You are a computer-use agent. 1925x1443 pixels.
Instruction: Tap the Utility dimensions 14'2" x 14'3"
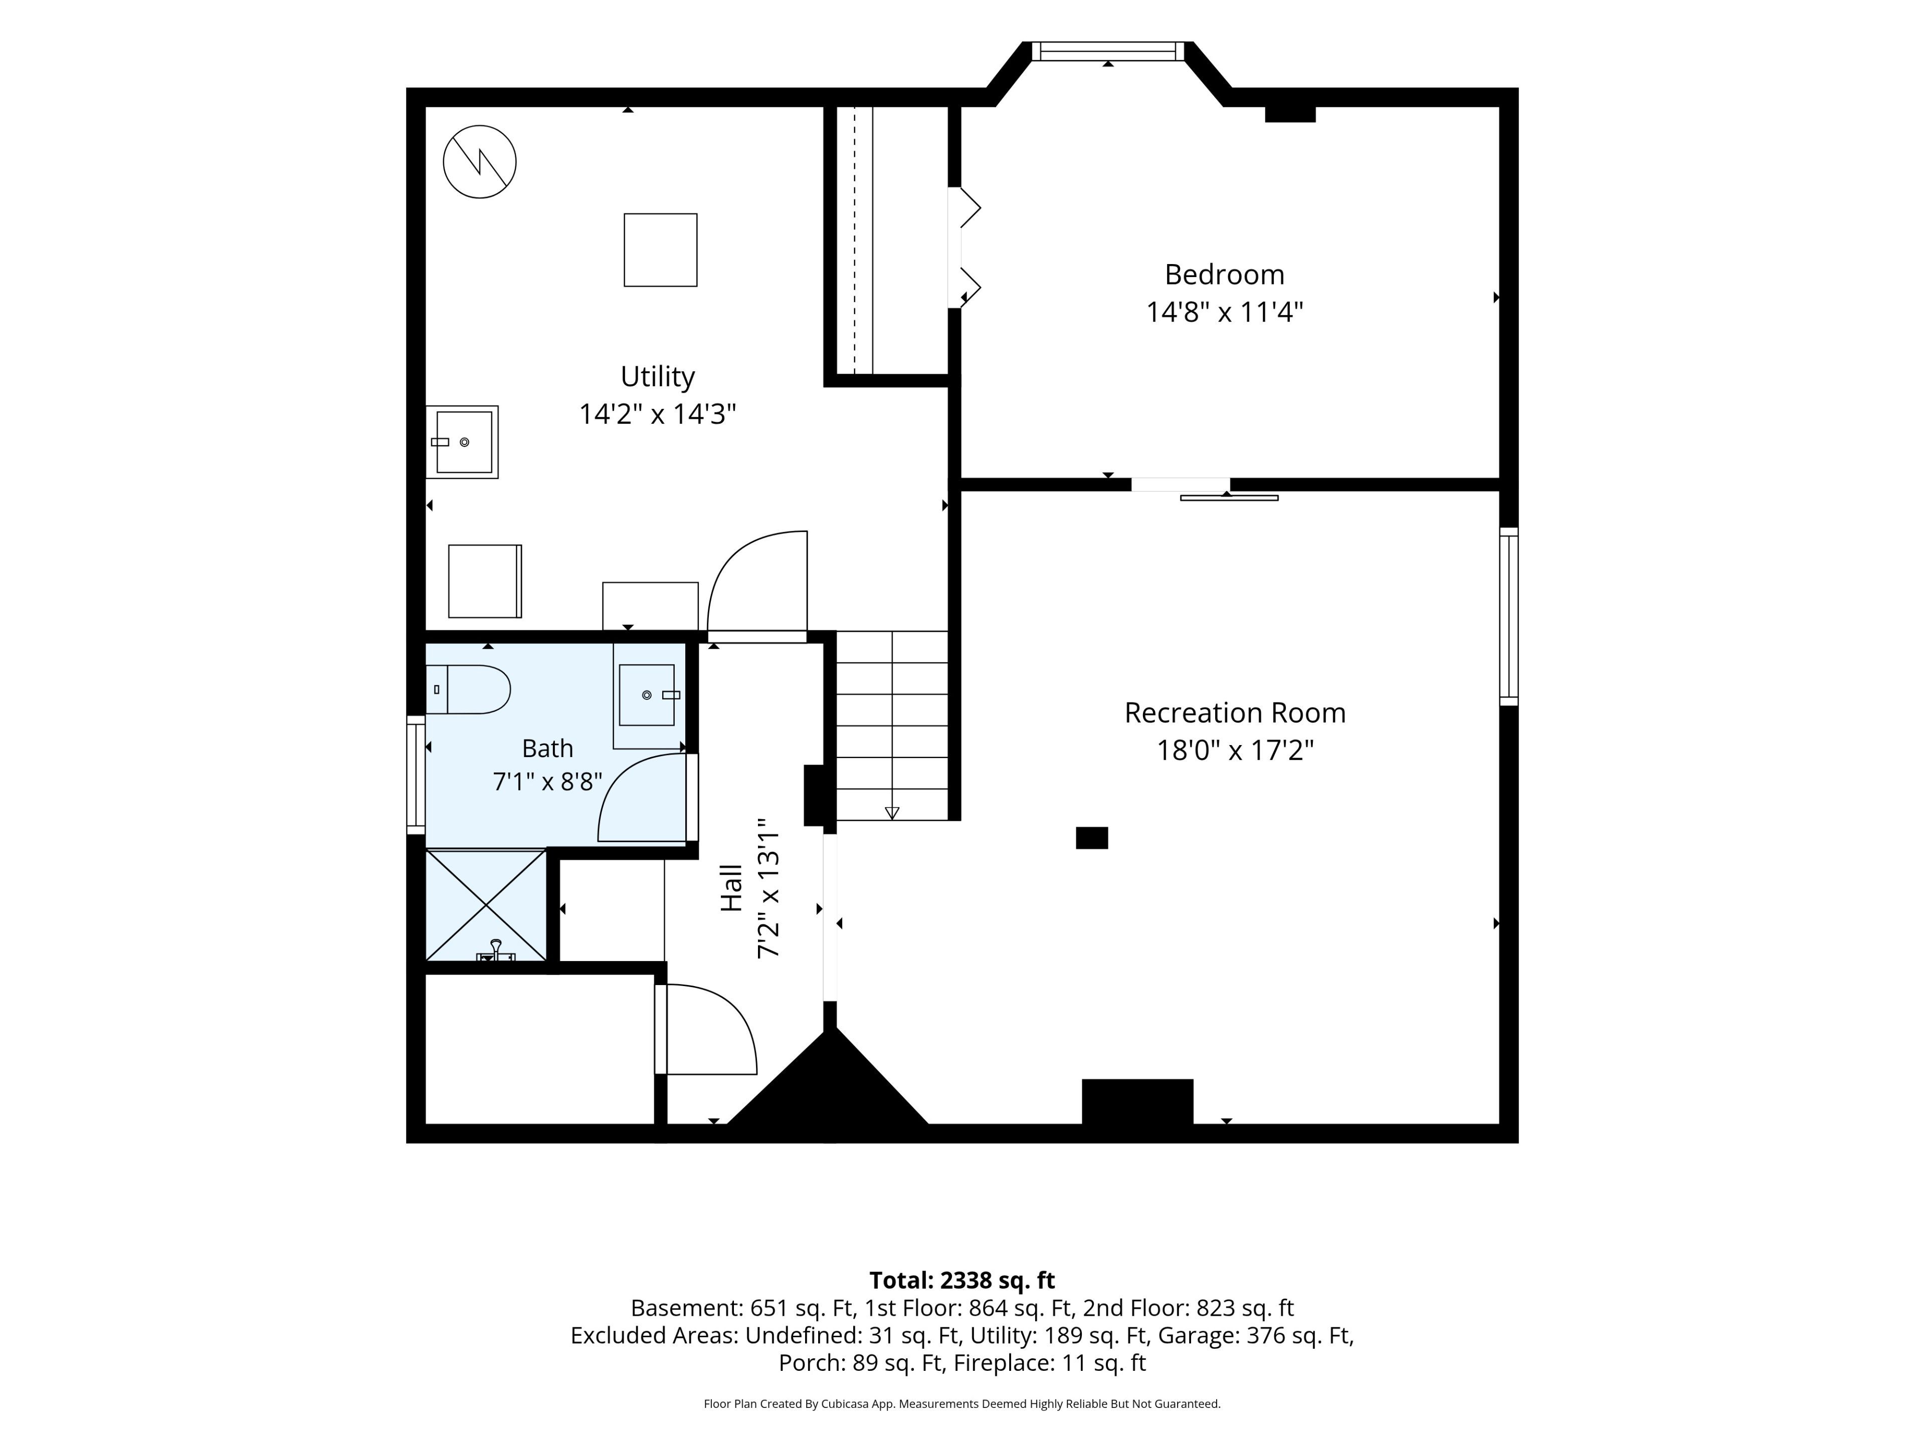(x=658, y=413)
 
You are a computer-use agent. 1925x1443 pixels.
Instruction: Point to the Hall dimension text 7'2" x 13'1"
(x=767, y=887)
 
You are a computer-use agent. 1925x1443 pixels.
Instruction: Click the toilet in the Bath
(x=467, y=690)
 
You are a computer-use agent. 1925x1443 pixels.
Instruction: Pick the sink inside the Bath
(x=648, y=695)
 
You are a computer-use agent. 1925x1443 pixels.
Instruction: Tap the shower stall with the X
(x=486, y=905)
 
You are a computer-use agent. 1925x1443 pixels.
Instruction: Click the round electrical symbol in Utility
(x=480, y=162)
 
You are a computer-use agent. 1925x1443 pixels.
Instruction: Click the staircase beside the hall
(x=892, y=726)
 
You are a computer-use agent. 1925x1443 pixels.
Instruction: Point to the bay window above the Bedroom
(x=1108, y=51)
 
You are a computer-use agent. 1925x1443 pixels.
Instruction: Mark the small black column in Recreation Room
(x=1092, y=838)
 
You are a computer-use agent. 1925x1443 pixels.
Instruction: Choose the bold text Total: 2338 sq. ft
(x=963, y=1280)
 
